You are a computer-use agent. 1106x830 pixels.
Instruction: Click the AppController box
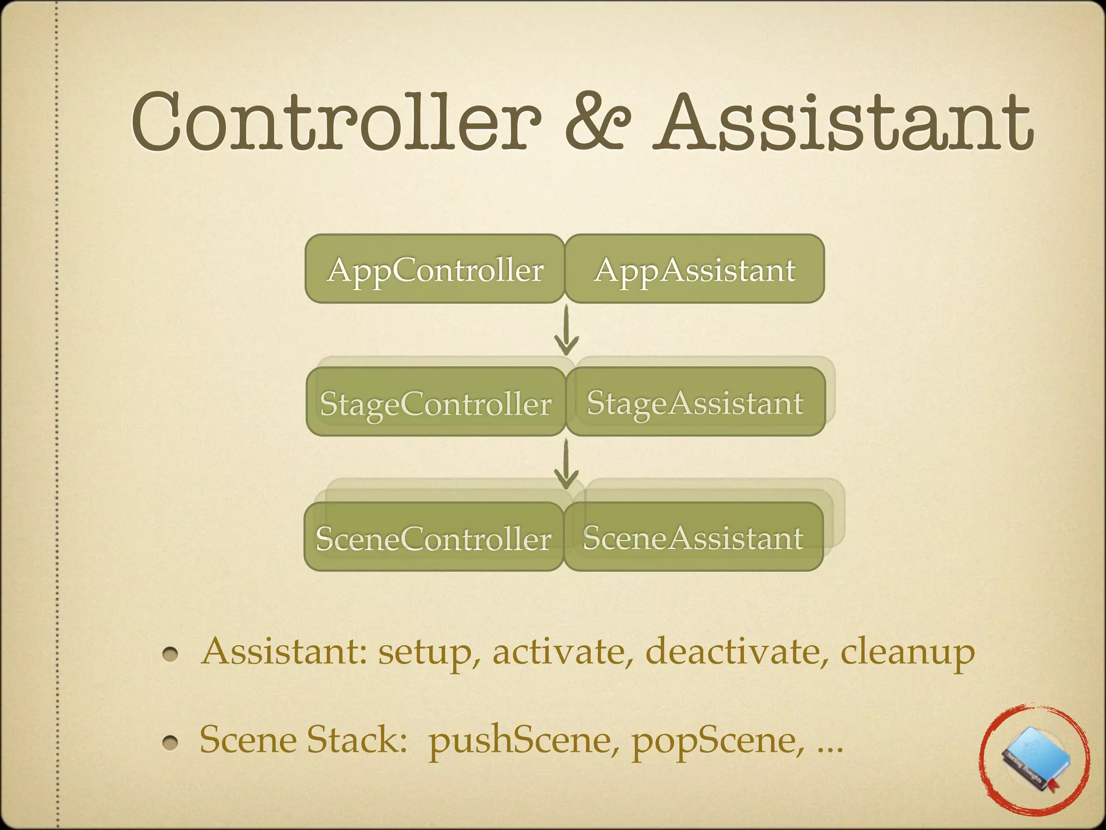tap(435, 269)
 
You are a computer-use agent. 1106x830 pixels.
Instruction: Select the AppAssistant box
tap(694, 269)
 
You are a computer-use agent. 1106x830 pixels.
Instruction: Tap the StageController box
tap(436, 402)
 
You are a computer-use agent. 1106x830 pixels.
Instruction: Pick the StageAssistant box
tap(696, 402)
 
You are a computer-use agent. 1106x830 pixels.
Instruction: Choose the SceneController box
tap(434, 537)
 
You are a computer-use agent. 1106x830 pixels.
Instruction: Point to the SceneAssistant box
tap(693, 537)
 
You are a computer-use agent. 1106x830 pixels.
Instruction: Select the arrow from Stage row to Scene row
tap(566, 464)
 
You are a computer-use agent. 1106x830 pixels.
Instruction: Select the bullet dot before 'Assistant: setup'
tap(170, 654)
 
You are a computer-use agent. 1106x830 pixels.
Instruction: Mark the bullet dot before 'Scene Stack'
tap(170, 743)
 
